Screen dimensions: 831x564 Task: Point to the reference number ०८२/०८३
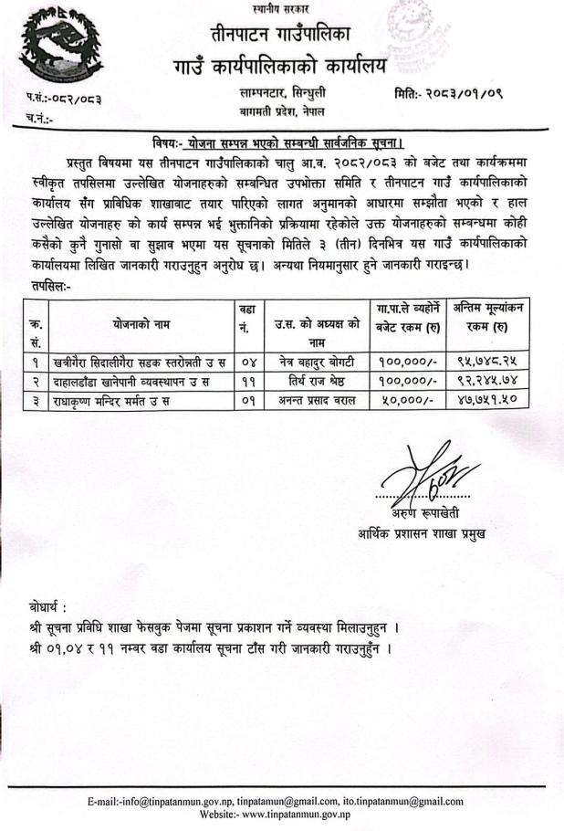click(x=57, y=96)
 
